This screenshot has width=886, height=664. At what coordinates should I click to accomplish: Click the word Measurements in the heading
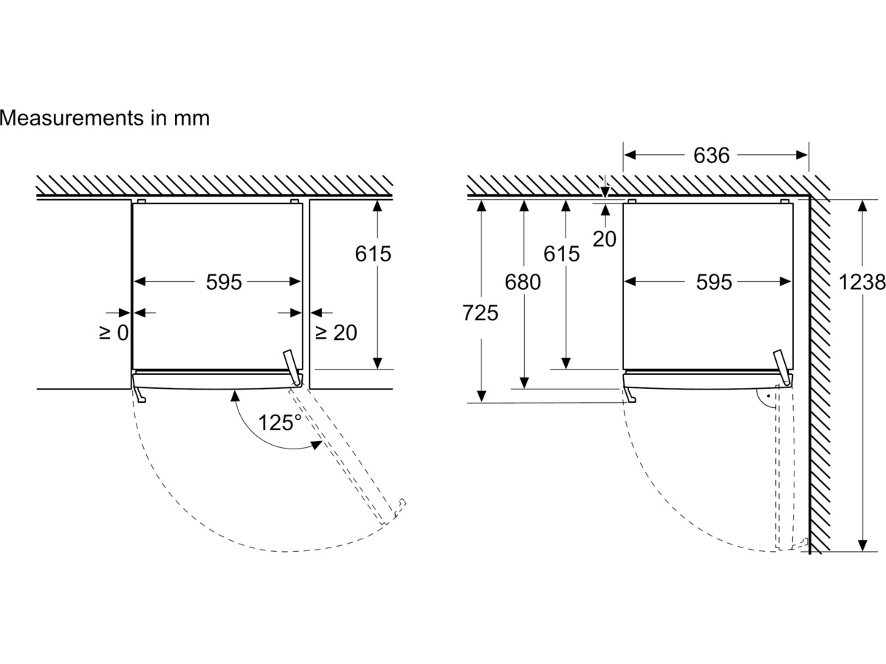tap(72, 118)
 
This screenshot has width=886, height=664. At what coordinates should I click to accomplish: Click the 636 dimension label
tap(711, 156)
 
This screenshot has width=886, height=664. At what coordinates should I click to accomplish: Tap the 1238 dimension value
tap(862, 283)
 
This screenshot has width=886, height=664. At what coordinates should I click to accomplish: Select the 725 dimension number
tap(481, 313)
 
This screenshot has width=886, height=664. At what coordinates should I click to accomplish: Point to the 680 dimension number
tap(522, 283)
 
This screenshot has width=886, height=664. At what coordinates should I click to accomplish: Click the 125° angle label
tap(280, 423)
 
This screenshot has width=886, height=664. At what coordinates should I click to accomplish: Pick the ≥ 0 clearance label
tap(114, 333)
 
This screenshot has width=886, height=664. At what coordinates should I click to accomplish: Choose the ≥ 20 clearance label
tap(336, 333)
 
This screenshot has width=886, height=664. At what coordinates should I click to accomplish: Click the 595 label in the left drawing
tap(224, 283)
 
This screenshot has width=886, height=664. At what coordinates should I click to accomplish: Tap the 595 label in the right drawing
tap(714, 283)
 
